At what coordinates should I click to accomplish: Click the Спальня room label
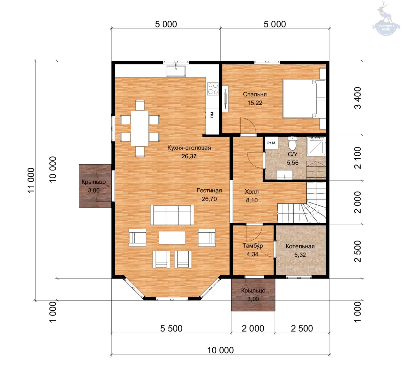(x=255, y=94)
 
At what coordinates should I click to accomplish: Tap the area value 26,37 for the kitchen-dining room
(x=189, y=156)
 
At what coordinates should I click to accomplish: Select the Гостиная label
(x=209, y=191)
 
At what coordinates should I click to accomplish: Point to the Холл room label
(x=252, y=192)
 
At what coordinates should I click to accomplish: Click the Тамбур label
(x=252, y=246)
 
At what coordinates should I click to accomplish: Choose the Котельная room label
(x=300, y=246)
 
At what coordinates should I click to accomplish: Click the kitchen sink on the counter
(x=176, y=71)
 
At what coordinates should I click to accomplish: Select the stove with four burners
(x=213, y=89)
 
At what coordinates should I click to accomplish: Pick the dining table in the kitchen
(x=140, y=128)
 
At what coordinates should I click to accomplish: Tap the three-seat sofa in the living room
(x=172, y=215)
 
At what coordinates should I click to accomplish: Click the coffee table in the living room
(x=172, y=238)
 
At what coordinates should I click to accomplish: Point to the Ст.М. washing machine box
(x=271, y=143)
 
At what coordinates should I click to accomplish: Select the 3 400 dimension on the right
(x=358, y=98)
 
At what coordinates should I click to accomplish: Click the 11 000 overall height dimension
(x=31, y=180)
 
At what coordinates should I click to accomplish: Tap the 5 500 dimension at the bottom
(x=171, y=328)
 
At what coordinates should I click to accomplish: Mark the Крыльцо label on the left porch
(x=93, y=182)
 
